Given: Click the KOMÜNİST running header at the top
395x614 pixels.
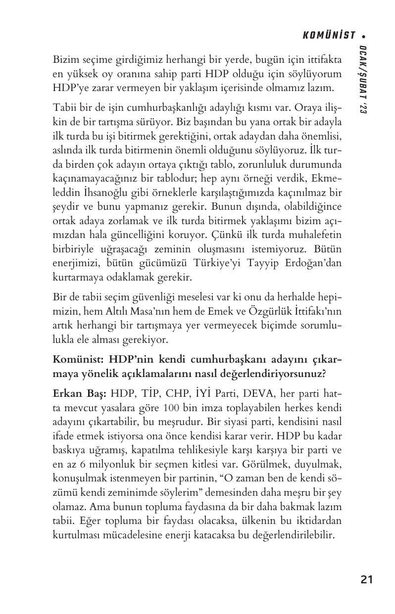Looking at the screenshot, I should (x=329, y=35).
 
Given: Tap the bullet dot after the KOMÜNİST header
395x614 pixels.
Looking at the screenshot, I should (x=364, y=36).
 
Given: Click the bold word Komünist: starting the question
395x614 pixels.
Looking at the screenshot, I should (x=78, y=358).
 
